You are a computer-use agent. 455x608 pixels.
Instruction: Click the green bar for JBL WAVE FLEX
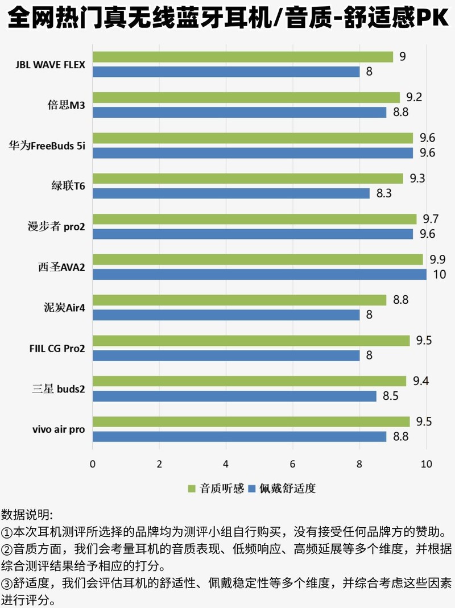point(243,57)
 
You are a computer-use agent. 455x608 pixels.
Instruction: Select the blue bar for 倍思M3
point(239,112)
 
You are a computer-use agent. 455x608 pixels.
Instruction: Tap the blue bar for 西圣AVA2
point(259,274)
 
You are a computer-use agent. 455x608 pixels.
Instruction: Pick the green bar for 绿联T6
point(248,179)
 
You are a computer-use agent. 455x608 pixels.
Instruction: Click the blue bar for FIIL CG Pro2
point(226,355)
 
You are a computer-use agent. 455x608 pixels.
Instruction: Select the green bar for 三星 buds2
point(250,381)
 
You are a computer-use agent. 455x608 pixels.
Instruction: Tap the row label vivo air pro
point(59,429)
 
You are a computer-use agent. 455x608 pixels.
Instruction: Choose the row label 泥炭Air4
point(66,308)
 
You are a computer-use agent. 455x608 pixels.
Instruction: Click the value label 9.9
point(437,259)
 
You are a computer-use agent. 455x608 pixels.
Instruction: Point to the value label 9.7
point(431,219)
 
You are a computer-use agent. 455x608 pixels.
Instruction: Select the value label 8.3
point(384,193)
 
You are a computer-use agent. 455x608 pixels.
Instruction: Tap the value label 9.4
point(420,381)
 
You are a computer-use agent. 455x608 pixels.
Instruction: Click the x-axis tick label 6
point(293,464)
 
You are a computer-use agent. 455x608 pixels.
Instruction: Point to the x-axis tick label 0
point(93,464)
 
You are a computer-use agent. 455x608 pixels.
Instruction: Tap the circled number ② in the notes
point(7,550)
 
